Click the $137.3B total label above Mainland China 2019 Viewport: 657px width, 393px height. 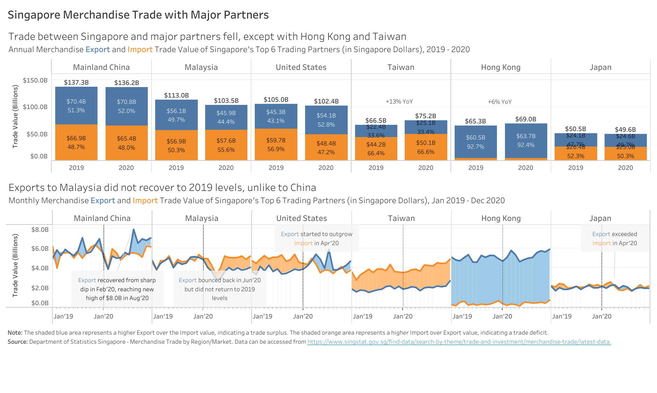pos(76,83)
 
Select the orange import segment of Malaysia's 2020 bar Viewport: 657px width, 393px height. pos(226,145)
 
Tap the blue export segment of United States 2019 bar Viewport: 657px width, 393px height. pos(276,116)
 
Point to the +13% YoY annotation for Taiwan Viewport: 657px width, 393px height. pos(399,102)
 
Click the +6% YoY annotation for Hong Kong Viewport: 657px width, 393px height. pos(500,102)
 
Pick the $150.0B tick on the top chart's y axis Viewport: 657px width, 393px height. pos(35,80)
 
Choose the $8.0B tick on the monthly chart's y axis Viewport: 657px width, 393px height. pos(40,230)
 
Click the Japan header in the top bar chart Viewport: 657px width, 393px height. pos(600,67)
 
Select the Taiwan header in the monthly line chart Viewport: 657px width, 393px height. pos(401,219)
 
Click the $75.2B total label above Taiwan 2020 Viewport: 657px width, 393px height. pos(426,116)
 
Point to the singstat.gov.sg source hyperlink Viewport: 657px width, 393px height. pos(459,342)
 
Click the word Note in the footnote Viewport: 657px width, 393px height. pos(15,333)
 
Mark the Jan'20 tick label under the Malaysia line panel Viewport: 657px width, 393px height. pos(203,316)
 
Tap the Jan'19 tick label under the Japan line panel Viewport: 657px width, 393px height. pos(562,316)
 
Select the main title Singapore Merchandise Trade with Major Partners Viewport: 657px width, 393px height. pos(138,15)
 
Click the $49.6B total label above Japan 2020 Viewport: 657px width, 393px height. pos(625,130)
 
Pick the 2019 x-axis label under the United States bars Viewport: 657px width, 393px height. pos(276,168)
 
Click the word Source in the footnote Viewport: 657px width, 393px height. pos(17,342)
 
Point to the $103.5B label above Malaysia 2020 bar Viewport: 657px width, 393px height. pos(226,101)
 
